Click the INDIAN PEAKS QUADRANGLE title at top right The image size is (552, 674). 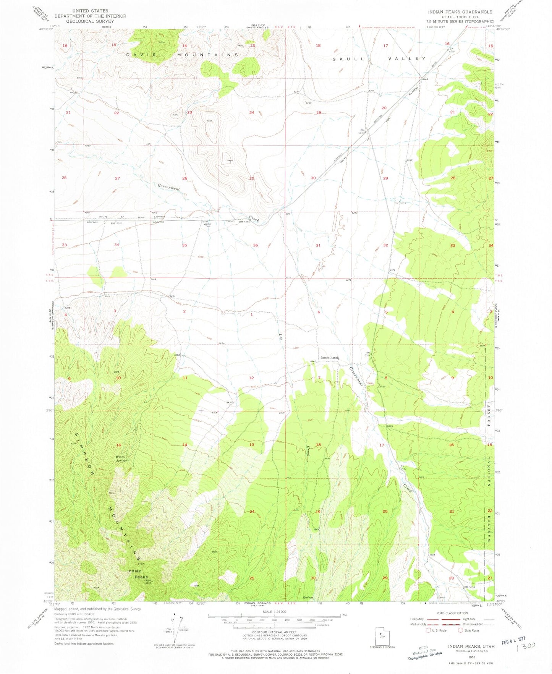click(x=460, y=12)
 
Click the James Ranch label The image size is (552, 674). click(x=329, y=358)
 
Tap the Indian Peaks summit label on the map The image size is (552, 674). click(x=138, y=574)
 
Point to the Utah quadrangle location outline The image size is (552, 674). click(x=381, y=637)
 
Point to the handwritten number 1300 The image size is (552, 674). click(x=526, y=646)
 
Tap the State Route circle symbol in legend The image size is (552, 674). click(x=460, y=630)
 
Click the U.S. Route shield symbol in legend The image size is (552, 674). click(x=428, y=630)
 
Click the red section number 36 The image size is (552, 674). click(x=255, y=245)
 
